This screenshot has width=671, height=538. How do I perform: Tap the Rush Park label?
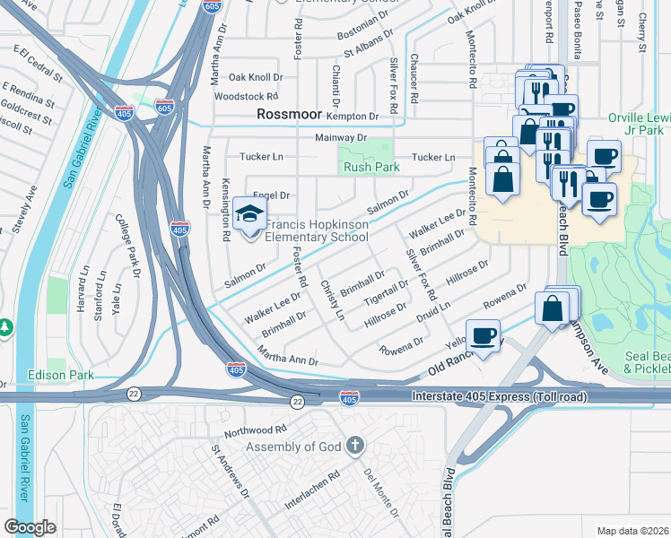pyautogui.click(x=370, y=167)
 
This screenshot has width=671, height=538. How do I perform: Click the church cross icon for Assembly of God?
pyautogui.click(x=355, y=446)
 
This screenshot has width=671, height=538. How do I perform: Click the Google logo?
pyautogui.click(x=30, y=527)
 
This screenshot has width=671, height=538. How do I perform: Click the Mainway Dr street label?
pyautogui.click(x=341, y=138)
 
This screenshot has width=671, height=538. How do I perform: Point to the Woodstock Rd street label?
pyautogui.click(x=246, y=96)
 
